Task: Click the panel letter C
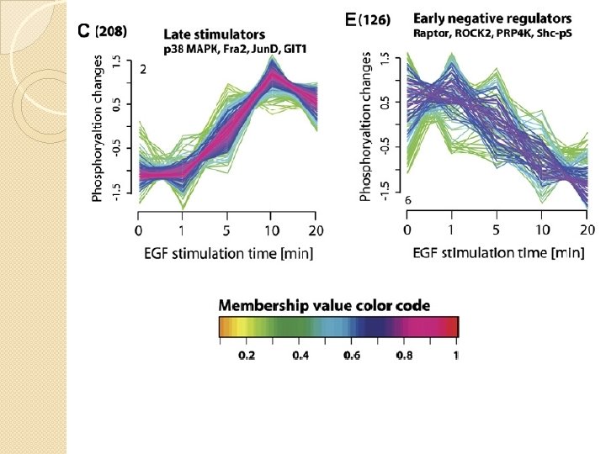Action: coord(83,32)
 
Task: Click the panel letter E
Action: coord(350,19)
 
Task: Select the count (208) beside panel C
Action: coord(110,32)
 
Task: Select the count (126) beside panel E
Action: coord(375,20)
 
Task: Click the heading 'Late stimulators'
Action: coord(214,35)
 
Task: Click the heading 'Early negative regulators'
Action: coord(492,18)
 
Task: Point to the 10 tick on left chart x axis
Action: coord(271,230)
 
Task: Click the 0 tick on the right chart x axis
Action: coord(407,230)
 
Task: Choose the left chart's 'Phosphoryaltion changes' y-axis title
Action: coord(98,129)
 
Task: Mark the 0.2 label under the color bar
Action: coord(247,356)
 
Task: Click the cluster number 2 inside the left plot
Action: coord(144,71)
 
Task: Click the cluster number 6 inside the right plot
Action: coord(407,201)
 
